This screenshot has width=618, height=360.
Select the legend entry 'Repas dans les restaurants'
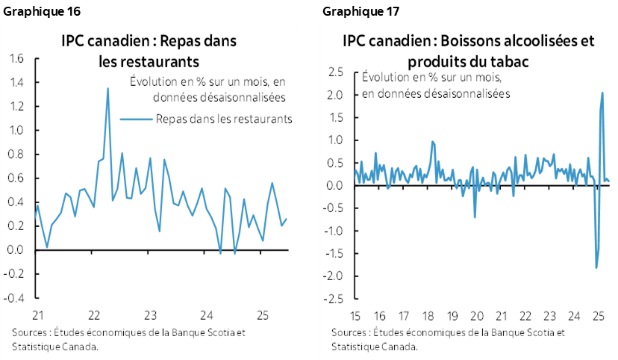tap(223, 118)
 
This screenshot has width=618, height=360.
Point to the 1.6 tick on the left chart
tap(16, 58)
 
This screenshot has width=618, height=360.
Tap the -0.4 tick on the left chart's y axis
tap(15, 297)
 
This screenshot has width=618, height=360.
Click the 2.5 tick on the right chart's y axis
tap(335, 72)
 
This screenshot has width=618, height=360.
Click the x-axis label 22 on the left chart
tap(95, 314)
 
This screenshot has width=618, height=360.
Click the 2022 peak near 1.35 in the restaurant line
tap(107, 89)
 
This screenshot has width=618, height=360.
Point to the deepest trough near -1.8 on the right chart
tap(596, 267)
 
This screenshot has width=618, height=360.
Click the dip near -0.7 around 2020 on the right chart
tap(475, 217)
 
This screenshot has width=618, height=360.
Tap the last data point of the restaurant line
tap(287, 219)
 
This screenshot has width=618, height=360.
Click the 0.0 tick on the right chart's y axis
tap(335, 186)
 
